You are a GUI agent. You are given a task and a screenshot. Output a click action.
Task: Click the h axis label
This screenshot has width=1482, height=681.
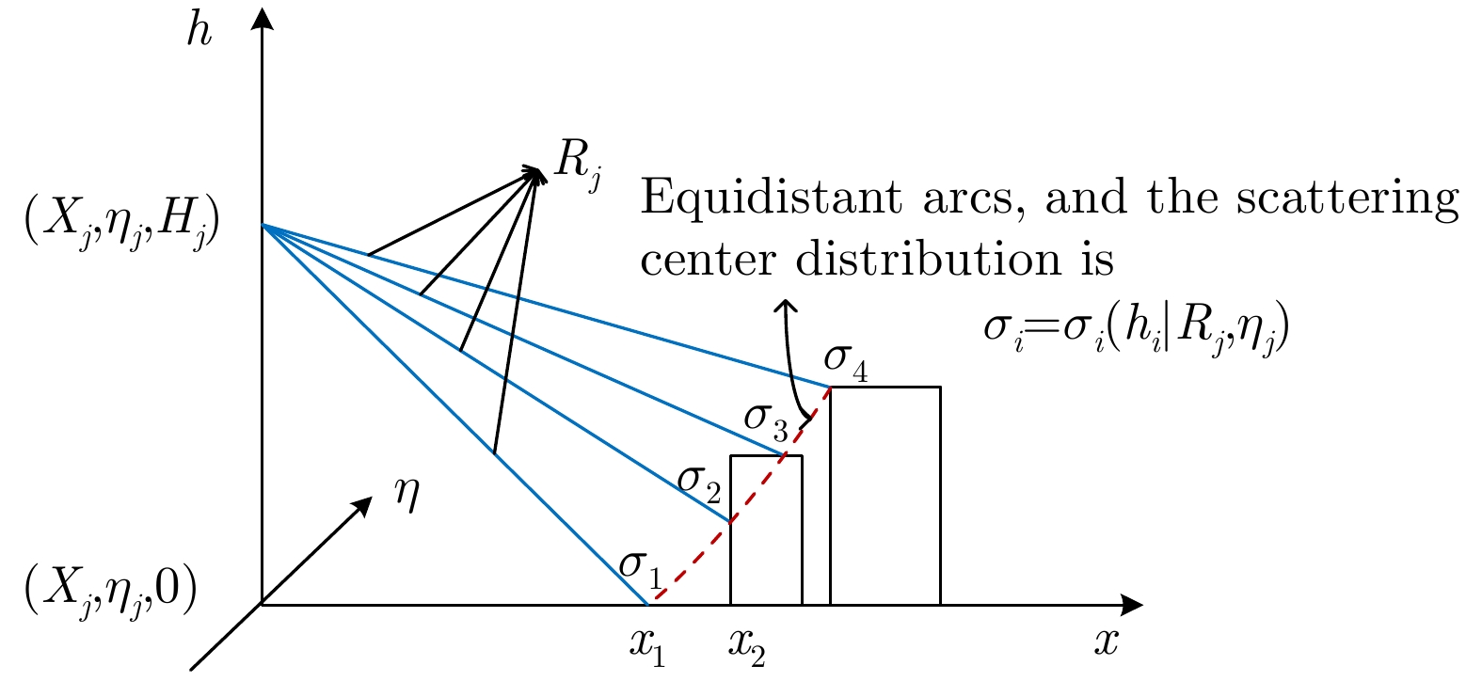[x=199, y=31]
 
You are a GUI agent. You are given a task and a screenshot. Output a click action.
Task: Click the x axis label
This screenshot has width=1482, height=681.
[x=1106, y=641]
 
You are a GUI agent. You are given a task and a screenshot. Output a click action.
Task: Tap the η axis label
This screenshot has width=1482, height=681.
[x=406, y=495]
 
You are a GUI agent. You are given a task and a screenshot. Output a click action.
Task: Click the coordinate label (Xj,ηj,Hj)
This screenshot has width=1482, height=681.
[x=121, y=225]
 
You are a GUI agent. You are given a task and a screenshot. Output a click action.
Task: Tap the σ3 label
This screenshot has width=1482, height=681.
[x=766, y=421]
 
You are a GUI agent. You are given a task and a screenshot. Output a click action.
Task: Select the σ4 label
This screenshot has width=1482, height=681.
[x=846, y=362]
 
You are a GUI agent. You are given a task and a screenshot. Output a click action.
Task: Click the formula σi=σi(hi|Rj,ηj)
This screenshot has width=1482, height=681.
[x=1137, y=328]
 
